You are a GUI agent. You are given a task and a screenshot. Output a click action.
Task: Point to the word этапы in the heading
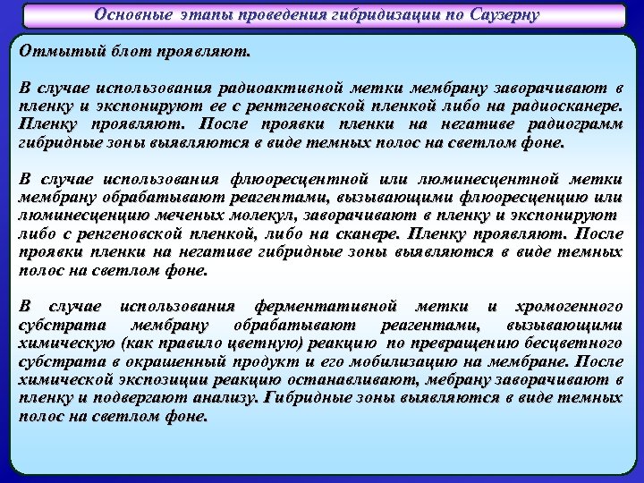click(207, 16)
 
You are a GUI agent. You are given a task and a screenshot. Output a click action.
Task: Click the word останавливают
click(321, 380)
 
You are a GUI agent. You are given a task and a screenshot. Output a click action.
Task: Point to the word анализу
click(224, 398)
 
